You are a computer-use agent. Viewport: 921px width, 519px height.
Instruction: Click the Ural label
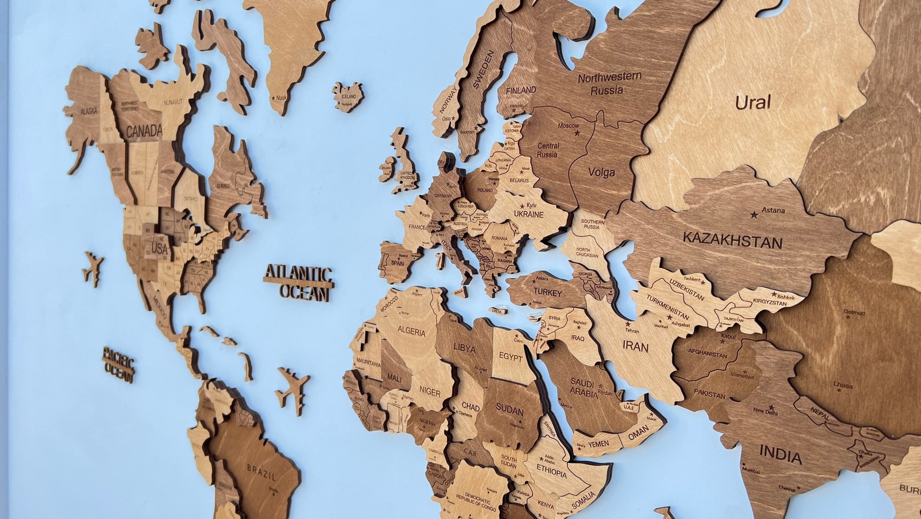753,103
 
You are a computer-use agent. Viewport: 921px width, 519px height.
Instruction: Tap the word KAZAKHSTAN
732,239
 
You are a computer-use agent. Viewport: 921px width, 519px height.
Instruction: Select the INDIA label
781,454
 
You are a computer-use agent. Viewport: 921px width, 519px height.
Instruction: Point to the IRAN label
635,347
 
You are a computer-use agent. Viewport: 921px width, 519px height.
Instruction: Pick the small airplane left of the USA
93,269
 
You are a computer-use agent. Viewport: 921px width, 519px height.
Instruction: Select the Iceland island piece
348,96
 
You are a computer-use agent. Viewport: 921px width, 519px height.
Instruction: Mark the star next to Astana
754,215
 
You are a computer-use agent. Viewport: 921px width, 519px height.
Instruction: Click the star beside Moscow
577,133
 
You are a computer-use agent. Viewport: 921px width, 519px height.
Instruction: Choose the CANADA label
144,131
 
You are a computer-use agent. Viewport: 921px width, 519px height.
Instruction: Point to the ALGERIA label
411,333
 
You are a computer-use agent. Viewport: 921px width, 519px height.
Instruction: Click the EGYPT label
511,358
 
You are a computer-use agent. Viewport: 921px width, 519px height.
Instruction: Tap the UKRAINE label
528,214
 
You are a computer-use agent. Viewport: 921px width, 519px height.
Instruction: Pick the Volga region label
601,172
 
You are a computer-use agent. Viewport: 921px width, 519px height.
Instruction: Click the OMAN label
639,432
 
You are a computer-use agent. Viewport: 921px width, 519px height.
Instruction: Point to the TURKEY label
548,293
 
